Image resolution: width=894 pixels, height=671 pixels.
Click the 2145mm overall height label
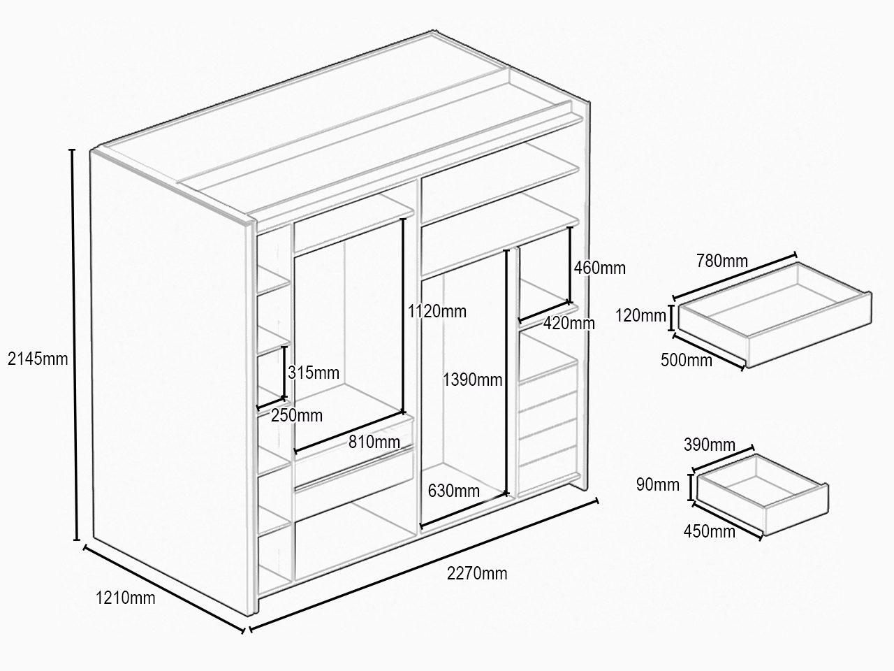pos(38,359)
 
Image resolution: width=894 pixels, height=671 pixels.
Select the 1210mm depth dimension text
pos(126,598)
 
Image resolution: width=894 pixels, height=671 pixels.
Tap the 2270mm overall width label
pos(477,574)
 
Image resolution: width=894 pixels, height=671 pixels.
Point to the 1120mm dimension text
pos(437,311)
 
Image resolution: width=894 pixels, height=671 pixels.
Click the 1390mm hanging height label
pos(472,380)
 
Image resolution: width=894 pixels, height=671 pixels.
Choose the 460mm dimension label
pos(599,268)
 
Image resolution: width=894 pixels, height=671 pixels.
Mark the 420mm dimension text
pos(569,323)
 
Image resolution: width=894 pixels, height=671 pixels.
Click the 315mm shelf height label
pos(314,373)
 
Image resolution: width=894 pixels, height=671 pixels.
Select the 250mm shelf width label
pos(297,416)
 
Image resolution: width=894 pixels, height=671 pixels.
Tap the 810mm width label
pos(374,442)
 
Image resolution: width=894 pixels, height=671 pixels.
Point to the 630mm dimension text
pos(454,491)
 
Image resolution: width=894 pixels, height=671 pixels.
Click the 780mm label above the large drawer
pos(722,261)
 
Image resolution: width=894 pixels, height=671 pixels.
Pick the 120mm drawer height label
pos(640,316)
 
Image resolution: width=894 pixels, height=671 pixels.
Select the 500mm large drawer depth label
pos(687,360)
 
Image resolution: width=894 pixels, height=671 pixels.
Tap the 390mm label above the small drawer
pos(710,445)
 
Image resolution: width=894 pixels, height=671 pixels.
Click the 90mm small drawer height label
pos(658,485)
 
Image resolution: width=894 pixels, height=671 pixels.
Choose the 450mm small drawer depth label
pos(709,531)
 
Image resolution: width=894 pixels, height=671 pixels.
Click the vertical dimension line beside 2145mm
pos(74,345)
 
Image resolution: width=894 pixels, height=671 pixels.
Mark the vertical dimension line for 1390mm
pos(506,372)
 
